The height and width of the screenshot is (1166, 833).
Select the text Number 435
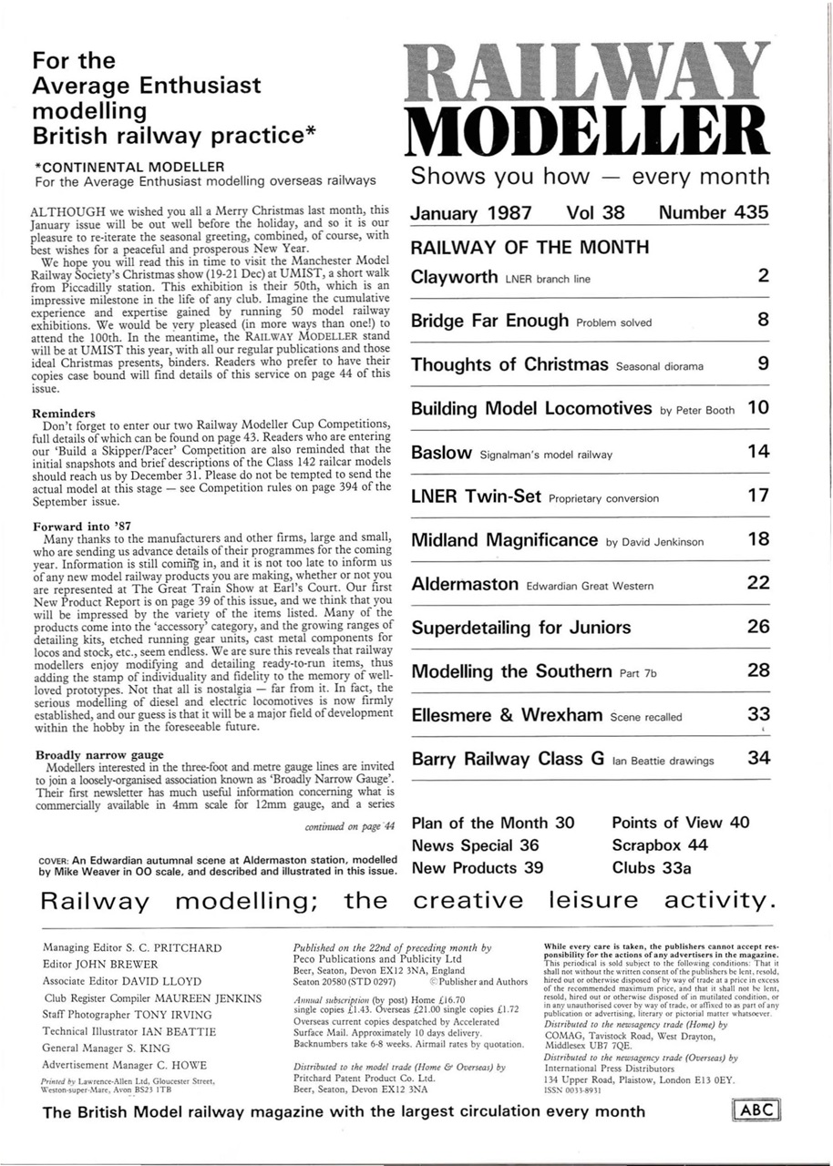coord(714,213)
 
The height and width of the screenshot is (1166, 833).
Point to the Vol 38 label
coord(595,213)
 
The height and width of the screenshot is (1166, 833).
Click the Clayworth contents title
coord(454,277)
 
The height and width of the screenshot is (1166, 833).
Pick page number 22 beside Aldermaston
coord(758,583)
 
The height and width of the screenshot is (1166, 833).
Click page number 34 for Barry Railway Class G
coord(758,758)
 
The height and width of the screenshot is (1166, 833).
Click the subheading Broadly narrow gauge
coord(99,754)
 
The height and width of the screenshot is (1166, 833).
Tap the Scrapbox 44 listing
coord(660,845)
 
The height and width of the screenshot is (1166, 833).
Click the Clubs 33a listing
coord(651,868)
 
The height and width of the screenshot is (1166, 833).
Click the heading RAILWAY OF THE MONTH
coord(530,248)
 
